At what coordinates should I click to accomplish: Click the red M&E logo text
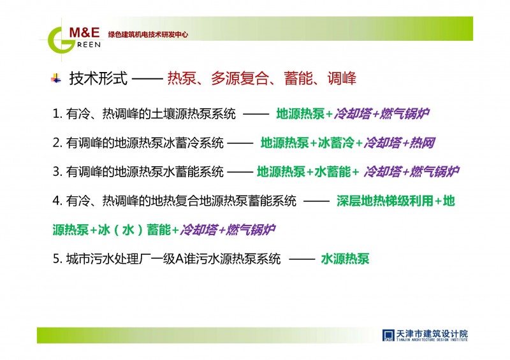click(85, 32)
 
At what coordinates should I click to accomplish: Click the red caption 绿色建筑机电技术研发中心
click(148, 34)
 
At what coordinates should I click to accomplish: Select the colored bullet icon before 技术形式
click(56, 78)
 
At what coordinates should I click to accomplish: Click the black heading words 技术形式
click(98, 78)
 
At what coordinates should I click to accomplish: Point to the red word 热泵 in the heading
click(182, 78)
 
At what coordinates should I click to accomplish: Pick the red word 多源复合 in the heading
click(240, 78)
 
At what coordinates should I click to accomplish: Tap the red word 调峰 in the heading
click(342, 78)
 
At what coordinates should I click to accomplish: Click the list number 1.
click(57, 114)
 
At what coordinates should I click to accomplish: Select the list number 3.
click(57, 171)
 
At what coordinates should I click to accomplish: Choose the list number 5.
click(57, 259)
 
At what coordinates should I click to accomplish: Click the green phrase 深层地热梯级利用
click(385, 201)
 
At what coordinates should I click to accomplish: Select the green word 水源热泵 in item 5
click(345, 259)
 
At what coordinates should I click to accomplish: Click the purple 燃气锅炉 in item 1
click(404, 114)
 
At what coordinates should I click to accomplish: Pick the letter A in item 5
click(179, 259)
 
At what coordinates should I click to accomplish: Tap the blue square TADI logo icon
click(388, 335)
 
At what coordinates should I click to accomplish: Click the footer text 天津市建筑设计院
click(432, 333)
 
